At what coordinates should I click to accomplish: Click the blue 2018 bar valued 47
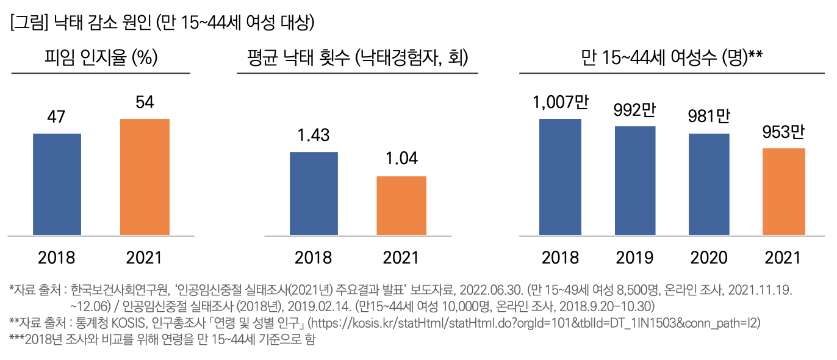[57, 184]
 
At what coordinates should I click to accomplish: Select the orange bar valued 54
[145, 176]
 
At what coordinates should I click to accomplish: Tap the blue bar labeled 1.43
[314, 193]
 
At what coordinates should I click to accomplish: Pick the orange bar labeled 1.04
[401, 205]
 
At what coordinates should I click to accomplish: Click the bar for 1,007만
[560, 176]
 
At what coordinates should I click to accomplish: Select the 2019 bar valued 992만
[635, 180]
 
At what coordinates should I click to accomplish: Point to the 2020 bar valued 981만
[709, 184]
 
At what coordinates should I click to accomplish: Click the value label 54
[145, 102]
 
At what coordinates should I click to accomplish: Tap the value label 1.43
[314, 135]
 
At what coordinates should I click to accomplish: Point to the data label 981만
[709, 116]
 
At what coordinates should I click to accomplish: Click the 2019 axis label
[635, 257]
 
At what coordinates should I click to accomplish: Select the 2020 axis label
[709, 257]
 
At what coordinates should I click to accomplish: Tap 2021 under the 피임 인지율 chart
[145, 257]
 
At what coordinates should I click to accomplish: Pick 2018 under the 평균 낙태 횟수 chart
[314, 257]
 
